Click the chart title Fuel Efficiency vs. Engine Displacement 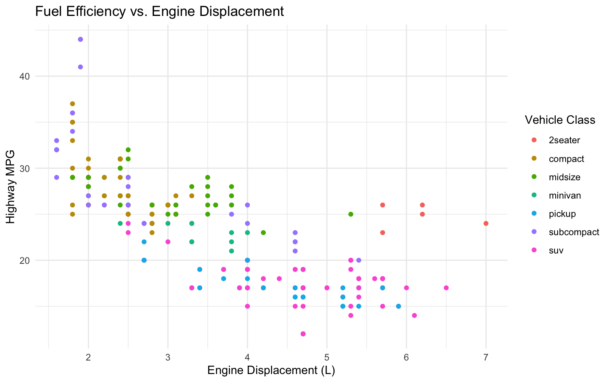160,12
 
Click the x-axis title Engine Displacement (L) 271,370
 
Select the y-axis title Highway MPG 11,187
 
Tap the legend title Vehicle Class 560,120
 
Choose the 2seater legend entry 564,140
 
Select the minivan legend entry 565,195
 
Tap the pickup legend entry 562,214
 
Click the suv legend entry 556,251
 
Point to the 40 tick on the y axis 25,76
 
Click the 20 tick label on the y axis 25,260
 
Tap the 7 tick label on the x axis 486,357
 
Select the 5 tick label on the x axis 327,357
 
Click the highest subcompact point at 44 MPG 80,39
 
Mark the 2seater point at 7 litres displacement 486,223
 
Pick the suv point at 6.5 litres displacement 446,288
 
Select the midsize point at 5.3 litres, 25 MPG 351,214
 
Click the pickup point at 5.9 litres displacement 398,306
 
